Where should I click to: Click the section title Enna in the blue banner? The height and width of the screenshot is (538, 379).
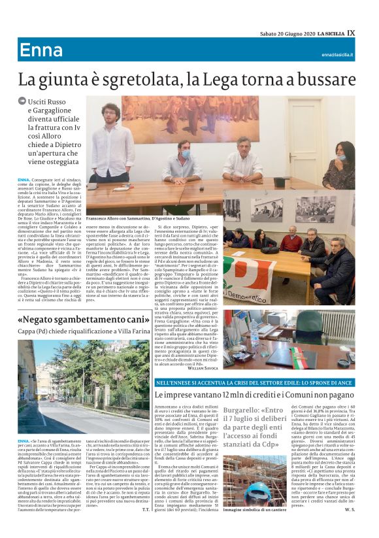[x=41, y=50]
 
